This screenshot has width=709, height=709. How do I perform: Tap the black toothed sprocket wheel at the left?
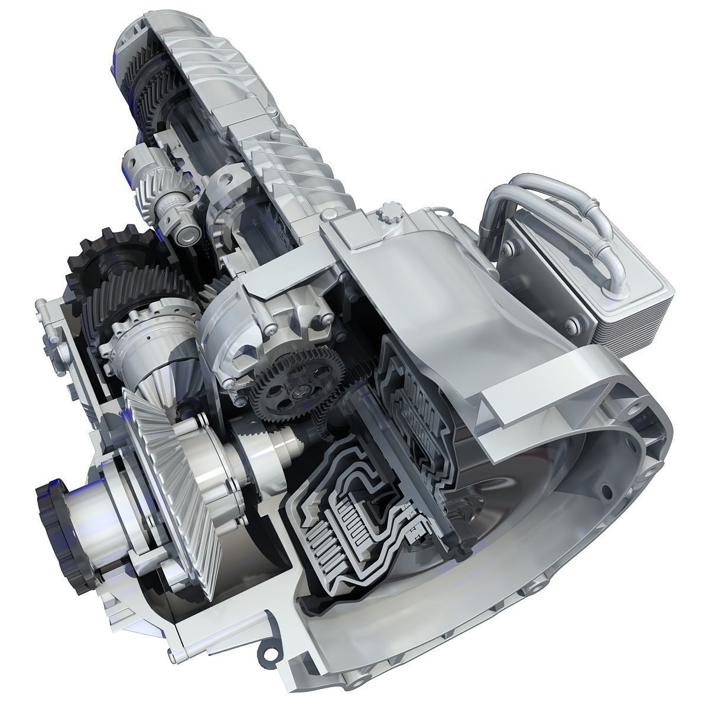coord(97,260)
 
